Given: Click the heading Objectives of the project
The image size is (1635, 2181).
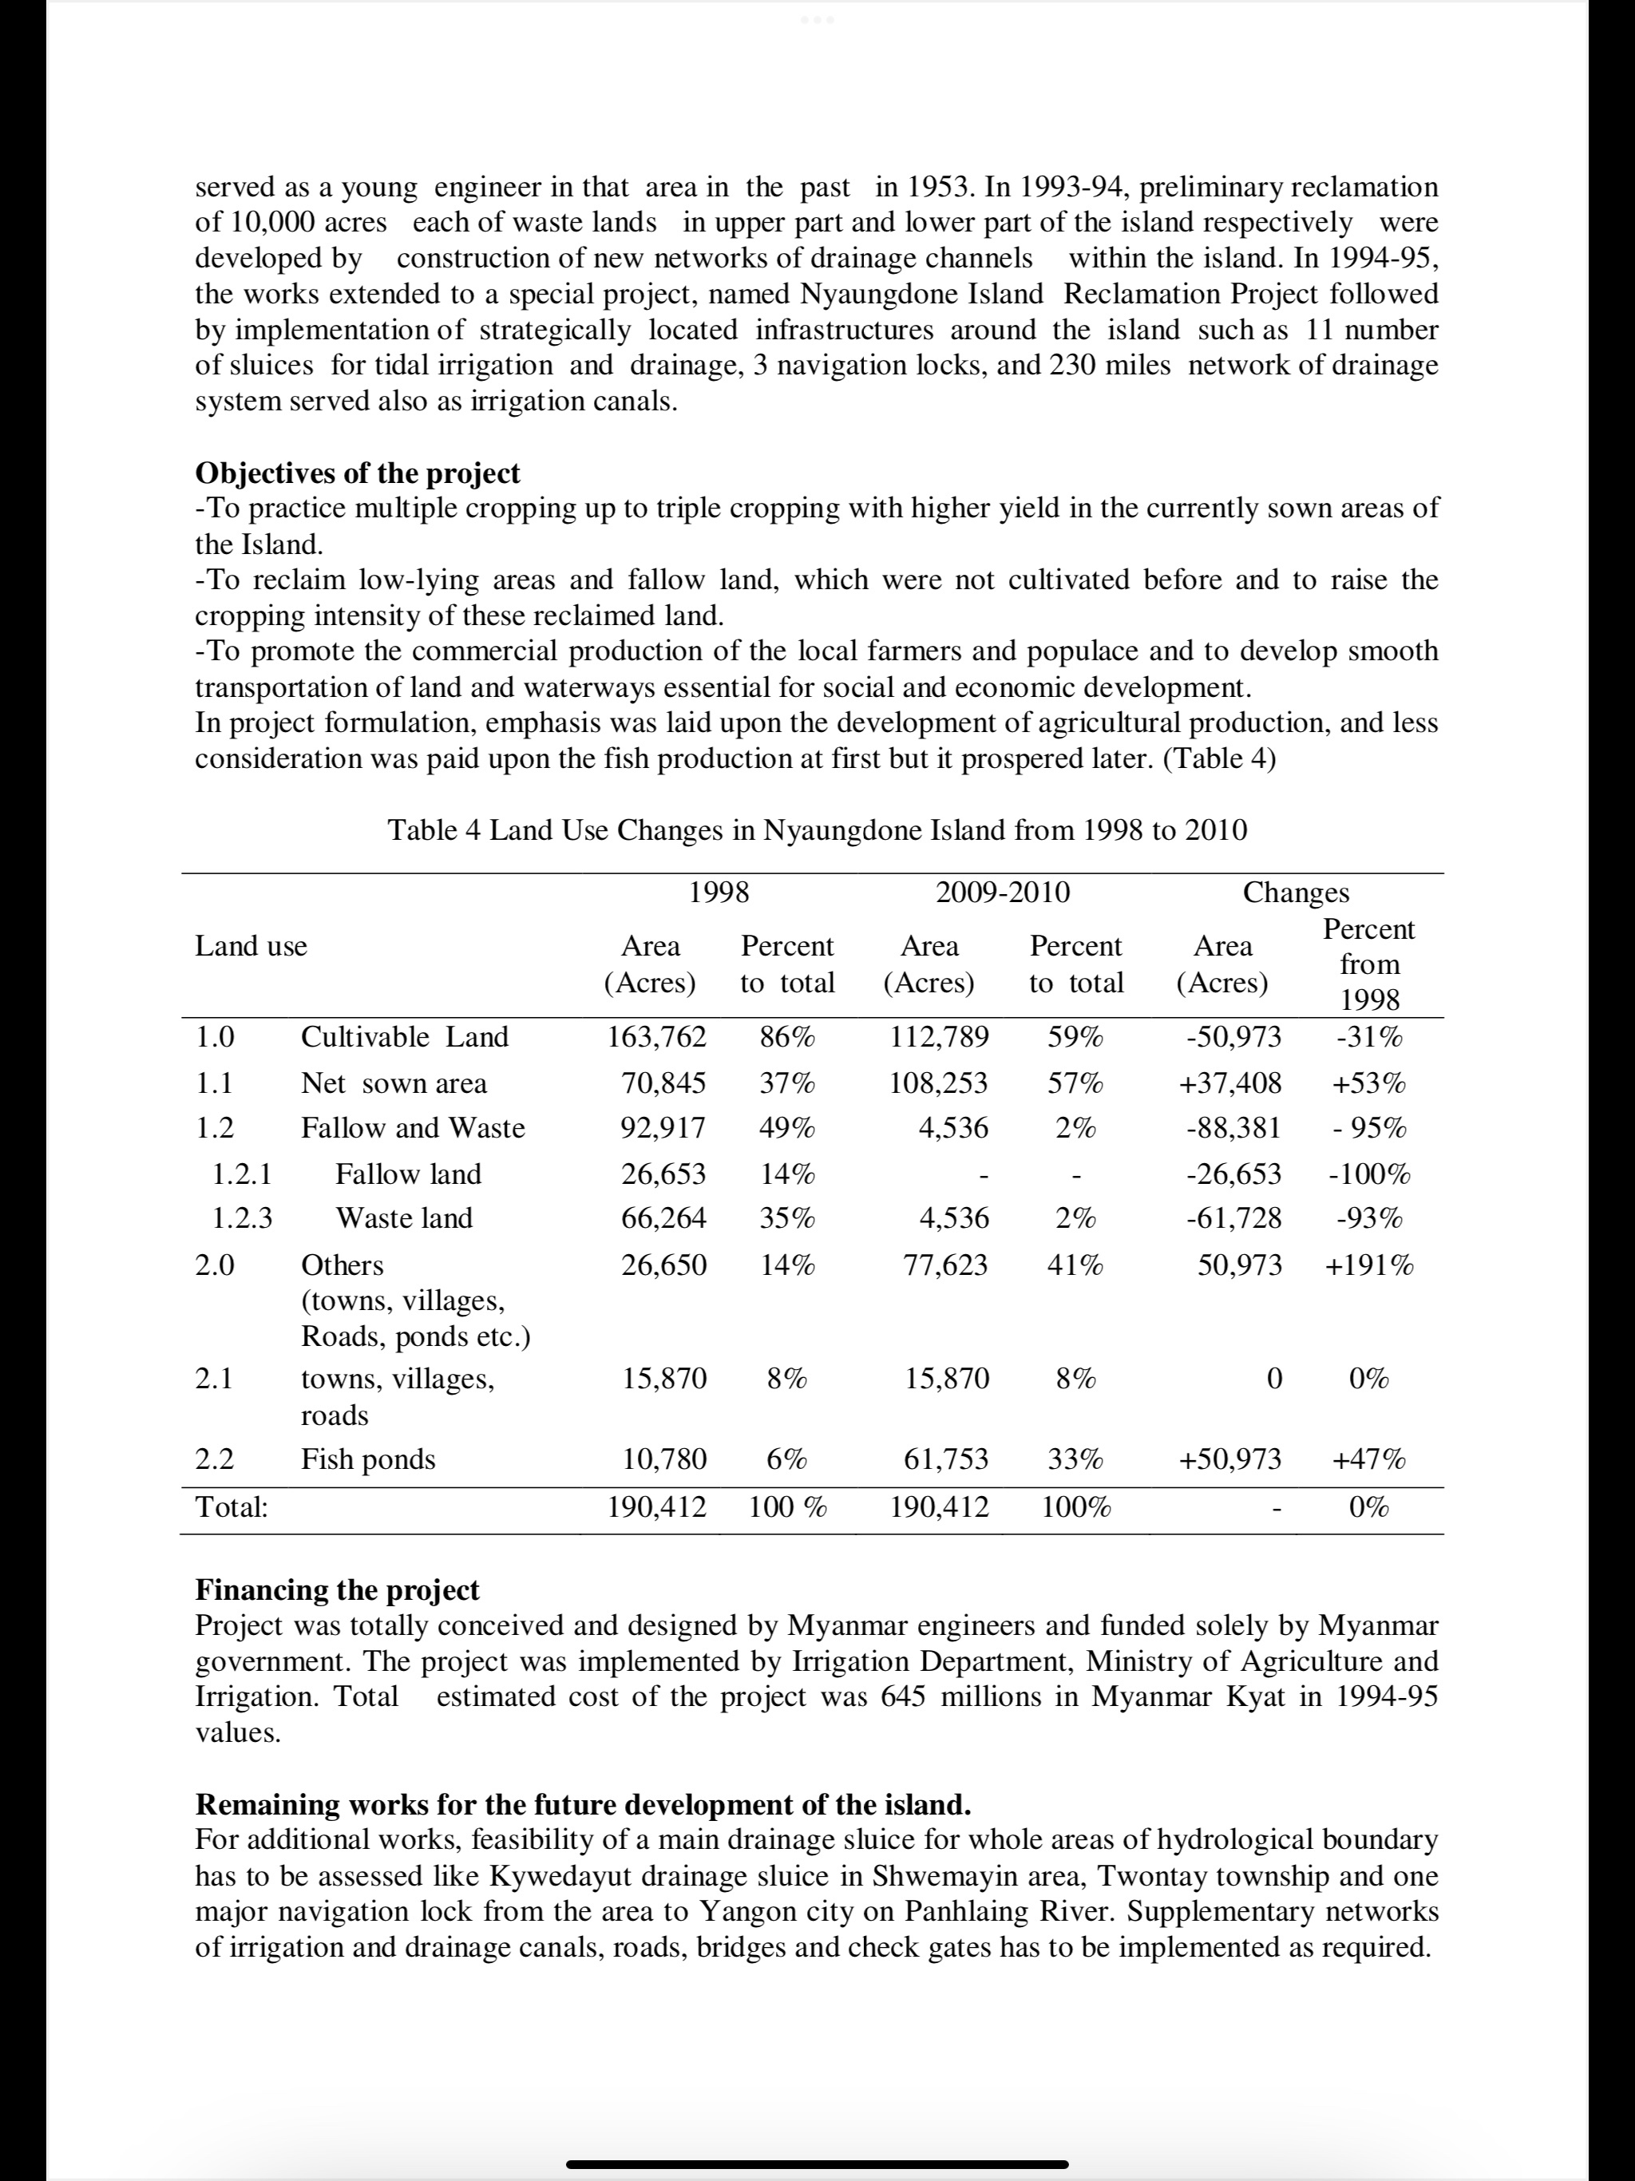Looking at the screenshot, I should (x=357, y=473).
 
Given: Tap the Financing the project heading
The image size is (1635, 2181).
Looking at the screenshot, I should (x=336, y=1589).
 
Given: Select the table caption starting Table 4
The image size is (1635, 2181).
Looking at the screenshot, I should (x=817, y=830).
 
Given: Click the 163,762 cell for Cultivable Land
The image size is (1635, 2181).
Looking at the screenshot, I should (x=657, y=1037).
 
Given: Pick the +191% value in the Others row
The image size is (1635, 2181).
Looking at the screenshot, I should (x=1368, y=1265).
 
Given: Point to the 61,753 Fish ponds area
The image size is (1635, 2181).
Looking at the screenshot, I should (x=946, y=1459).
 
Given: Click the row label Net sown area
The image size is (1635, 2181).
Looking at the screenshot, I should (x=394, y=1083).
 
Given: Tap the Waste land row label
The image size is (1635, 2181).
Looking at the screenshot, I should (x=404, y=1219).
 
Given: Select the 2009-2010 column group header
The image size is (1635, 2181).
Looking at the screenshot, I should (x=1002, y=893).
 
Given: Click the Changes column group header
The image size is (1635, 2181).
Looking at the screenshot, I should (x=1296, y=893).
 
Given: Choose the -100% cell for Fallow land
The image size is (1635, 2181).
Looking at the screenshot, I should (x=1368, y=1174).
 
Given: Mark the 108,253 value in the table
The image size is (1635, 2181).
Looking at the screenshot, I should (x=939, y=1083).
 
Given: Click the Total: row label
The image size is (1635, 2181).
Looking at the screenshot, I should (x=232, y=1506).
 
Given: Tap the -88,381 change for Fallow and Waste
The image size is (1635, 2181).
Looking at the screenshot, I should (x=1233, y=1128).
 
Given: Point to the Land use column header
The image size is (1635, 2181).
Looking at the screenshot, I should (x=251, y=947).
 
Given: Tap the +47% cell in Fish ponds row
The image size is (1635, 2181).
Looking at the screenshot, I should (x=1368, y=1459).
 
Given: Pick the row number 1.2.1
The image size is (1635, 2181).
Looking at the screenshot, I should (x=242, y=1174).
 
